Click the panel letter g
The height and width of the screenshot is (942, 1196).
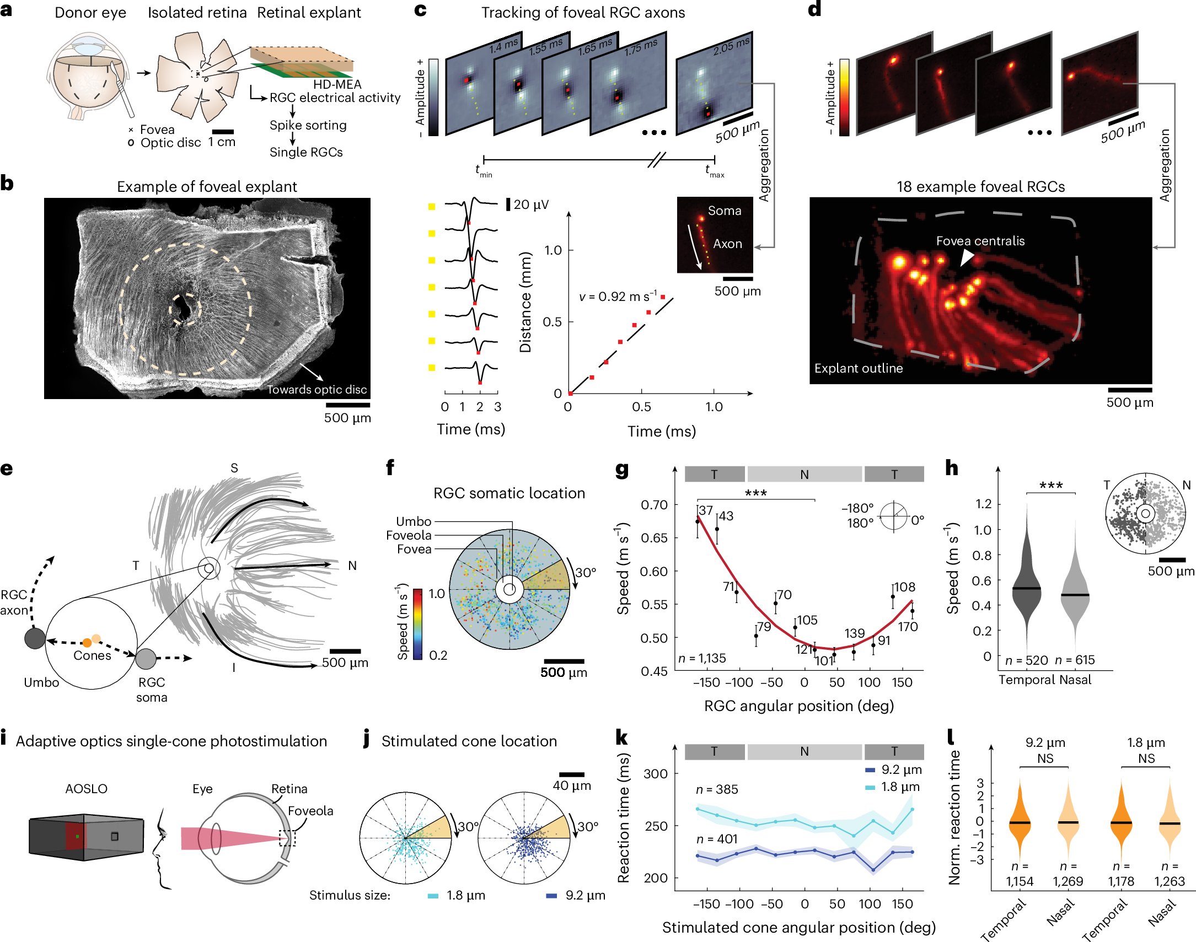(622, 470)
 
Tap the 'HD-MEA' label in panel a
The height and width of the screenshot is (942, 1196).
(337, 84)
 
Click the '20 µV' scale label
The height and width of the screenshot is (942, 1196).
(530, 204)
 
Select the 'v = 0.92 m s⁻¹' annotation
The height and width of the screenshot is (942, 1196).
(618, 297)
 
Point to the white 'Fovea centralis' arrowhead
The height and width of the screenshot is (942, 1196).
(966, 257)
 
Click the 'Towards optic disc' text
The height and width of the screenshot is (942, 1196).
(317, 389)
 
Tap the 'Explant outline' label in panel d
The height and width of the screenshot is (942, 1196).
(859, 368)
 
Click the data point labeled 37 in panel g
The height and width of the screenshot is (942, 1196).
(698, 521)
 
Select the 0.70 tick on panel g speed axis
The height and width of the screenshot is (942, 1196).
(654, 505)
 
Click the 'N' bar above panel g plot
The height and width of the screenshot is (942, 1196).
(804, 475)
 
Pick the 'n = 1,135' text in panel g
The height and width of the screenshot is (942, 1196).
(702, 658)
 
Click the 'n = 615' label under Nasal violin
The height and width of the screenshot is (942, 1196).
(1074, 660)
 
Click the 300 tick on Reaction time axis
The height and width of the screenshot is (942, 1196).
(656, 774)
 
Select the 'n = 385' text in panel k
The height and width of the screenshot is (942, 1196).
(717, 789)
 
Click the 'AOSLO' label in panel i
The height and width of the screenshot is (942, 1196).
(86, 789)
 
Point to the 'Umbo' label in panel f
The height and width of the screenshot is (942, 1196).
(413, 521)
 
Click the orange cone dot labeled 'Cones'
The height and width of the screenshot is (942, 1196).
(87, 643)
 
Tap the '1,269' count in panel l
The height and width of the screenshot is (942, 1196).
(1068, 881)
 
